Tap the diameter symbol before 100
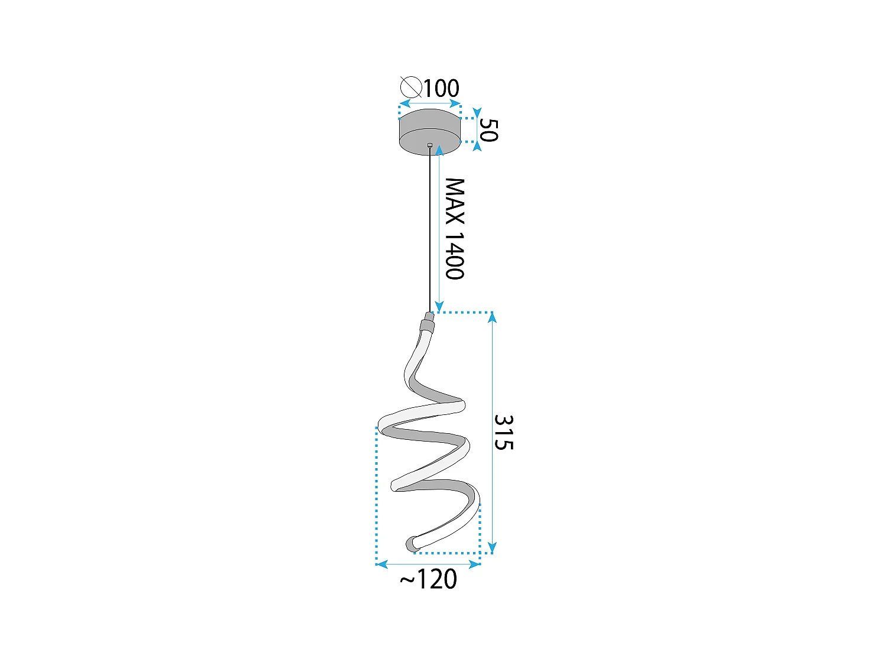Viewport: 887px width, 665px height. tap(410, 87)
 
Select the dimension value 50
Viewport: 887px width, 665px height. tap(488, 130)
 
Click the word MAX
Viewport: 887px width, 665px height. tap(455, 202)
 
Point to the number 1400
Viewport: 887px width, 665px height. tap(455, 255)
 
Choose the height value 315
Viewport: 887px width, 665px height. tap(504, 432)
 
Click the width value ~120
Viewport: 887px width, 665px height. tap(429, 579)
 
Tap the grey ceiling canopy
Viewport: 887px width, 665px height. tap(430, 131)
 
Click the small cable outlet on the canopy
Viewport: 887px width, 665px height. tap(430, 145)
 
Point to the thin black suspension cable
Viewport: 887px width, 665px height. tap(430, 231)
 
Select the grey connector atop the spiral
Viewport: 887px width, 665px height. tap(427, 323)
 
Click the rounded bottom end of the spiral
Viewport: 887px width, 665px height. tap(411, 544)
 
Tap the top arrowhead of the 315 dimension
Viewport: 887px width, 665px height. tap(493, 317)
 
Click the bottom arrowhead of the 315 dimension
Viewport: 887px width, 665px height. tap(493, 548)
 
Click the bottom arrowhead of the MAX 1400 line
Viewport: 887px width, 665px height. tap(439, 306)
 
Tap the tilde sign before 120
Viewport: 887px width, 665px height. tap(407, 580)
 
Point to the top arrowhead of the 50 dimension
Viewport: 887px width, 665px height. tap(477, 112)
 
